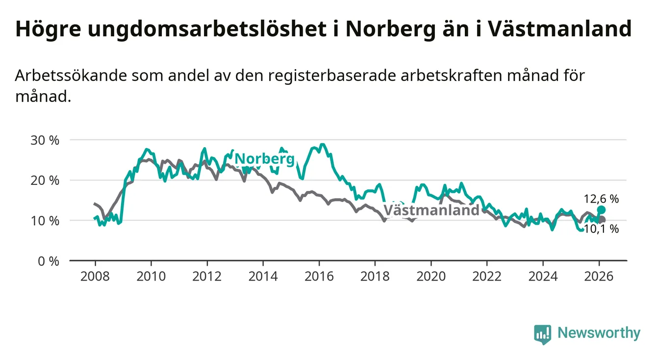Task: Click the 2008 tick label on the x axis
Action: [x=95, y=276]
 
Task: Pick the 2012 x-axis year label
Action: [x=207, y=276]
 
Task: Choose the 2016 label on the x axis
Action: [x=319, y=276]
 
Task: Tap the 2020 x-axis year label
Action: [x=431, y=276]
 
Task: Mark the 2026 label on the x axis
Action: [x=599, y=276]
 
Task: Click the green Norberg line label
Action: [x=265, y=159]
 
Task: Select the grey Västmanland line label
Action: [x=431, y=210]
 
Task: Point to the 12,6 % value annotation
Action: [x=601, y=199]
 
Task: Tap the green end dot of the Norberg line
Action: [x=602, y=210]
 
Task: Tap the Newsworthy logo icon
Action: [x=542, y=334]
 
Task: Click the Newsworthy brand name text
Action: [x=599, y=334]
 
